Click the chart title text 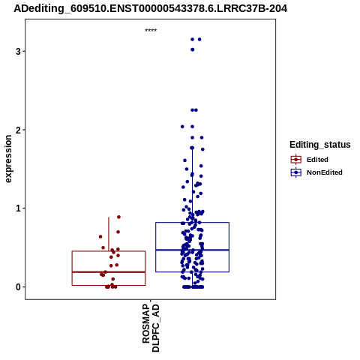tap(150, 8)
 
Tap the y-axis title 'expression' tap(8, 159)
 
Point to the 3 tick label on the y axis tap(18, 52)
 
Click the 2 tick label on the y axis tap(18, 130)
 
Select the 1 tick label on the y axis tap(18, 208)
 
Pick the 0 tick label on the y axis tap(18, 287)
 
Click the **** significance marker tap(151, 30)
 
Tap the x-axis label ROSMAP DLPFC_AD tap(151, 328)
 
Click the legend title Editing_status tap(320, 145)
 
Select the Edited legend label tap(317, 160)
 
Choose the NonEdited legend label tap(325, 172)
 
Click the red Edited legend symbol tap(296, 160)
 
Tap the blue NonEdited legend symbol tap(296, 172)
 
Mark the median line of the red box tap(109, 272)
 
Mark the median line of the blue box tap(192, 250)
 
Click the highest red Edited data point tap(118, 217)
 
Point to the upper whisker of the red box tap(109, 234)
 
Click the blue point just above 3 tap(192, 49)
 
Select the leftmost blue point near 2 tap(182, 127)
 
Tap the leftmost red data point tap(100, 236)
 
